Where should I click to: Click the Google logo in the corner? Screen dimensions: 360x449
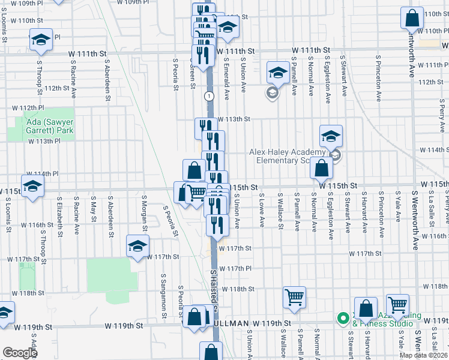pyautogui.click(x=19, y=353)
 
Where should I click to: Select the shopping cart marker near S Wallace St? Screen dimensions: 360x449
pyautogui.click(x=294, y=296)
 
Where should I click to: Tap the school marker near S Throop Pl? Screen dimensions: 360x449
pyautogui.click(x=41, y=40)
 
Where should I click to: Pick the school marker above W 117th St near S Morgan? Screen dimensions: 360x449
pyautogui.click(x=137, y=246)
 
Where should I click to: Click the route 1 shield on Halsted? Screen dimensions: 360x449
pyautogui.click(x=208, y=96)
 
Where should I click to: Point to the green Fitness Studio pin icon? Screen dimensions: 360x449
pyautogui.click(x=343, y=318)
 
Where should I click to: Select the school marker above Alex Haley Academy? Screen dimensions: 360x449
pyautogui.click(x=331, y=136)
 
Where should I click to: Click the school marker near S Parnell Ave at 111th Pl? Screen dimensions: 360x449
pyautogui.click(x=277, y=73)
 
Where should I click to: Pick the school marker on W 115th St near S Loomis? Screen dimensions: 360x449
pyautogui.click(x=33, y=185)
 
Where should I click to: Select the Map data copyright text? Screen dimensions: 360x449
pyautogui.click(x=423, y=355)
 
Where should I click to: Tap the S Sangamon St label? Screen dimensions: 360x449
pyautogui.click(x=162, y=296)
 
